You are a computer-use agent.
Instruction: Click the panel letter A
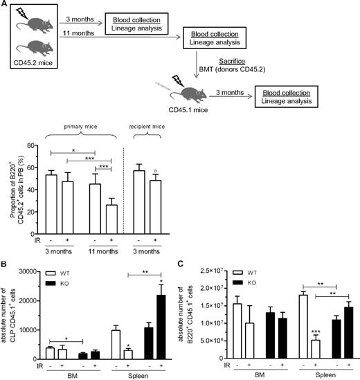[6, 5]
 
